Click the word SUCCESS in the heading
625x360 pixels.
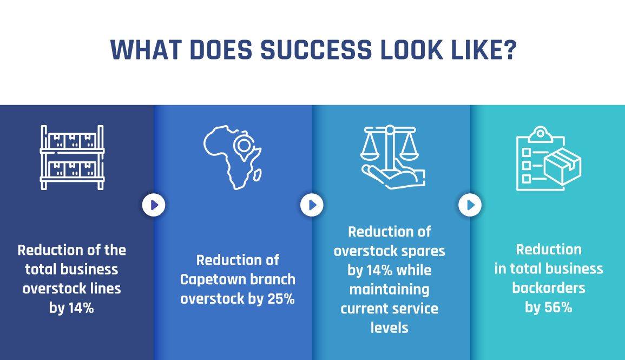click(x=316, y=50)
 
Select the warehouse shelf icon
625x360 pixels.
click(x=72, y=158)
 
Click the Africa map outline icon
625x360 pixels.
click(x=233, y=158)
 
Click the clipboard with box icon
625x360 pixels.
click(x=549, y=158)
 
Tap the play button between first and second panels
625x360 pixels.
click(x=154, y=205)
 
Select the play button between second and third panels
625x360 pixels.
click(x=312, y=205)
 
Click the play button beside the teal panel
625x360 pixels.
click(x=470, y=205)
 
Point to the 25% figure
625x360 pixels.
click(x=281, y=299)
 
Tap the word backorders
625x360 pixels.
click(x=549, y=288)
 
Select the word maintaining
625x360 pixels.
click(x=390, y=290)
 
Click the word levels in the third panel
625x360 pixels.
click(x=390, y=328)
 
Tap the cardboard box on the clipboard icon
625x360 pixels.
click(x=563, y=167)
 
